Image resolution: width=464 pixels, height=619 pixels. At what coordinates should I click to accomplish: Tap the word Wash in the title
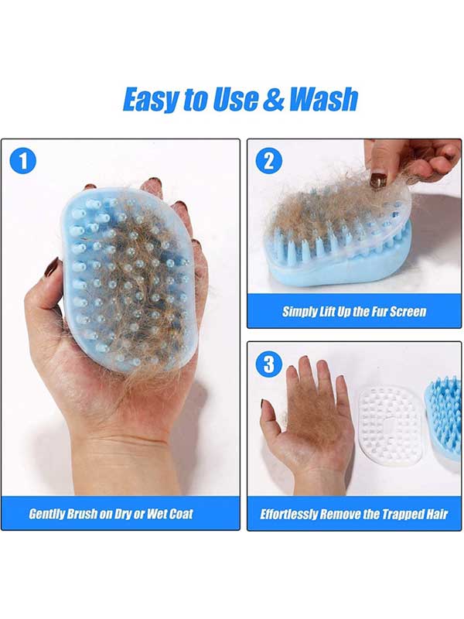323,99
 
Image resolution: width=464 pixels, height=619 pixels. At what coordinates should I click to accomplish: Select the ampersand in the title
274,99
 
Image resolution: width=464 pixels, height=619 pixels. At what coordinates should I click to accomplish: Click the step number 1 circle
23,161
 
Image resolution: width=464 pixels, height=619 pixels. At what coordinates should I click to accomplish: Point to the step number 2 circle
268,160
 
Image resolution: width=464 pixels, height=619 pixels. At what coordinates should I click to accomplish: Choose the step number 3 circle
268,364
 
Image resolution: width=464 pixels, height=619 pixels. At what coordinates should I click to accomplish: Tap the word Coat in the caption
181,514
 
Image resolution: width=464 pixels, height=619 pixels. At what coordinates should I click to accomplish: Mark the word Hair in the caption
437,514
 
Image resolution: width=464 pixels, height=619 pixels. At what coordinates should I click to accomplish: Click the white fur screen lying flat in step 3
390,426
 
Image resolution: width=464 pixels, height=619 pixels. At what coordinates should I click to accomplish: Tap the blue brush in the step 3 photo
443,419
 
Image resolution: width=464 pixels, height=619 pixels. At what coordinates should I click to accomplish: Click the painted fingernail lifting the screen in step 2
377,180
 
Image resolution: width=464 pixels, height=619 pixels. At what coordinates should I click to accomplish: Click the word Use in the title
236,99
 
